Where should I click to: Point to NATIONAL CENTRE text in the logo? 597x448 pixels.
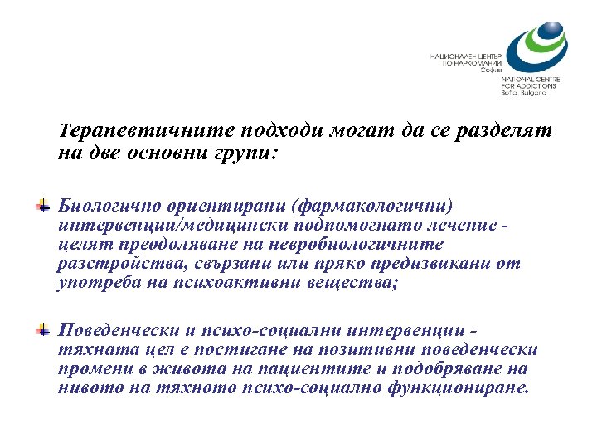click(529, 79)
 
